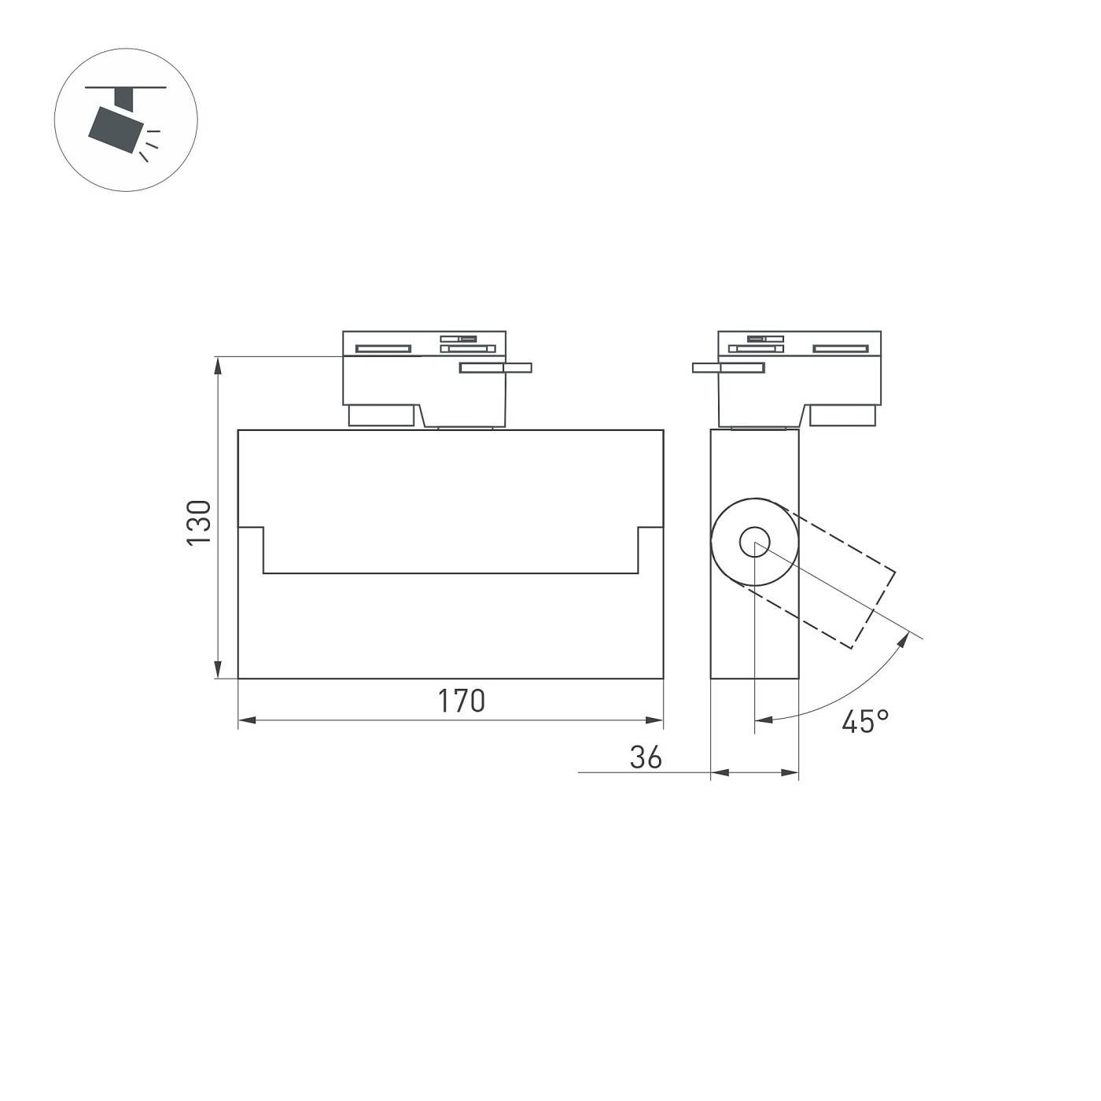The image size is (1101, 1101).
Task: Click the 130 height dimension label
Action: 199,521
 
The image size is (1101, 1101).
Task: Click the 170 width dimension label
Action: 462,701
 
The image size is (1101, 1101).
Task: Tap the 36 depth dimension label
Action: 646,757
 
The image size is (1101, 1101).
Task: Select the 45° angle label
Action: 865,721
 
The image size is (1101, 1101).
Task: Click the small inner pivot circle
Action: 754,542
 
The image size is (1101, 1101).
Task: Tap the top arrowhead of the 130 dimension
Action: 218,365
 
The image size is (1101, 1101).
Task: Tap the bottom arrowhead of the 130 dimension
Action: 218,668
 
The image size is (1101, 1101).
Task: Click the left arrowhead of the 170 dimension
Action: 247,720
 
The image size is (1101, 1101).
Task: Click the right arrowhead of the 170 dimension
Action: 654,720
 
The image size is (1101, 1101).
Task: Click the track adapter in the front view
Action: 425,377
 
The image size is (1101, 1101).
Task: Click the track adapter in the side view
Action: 798,377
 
